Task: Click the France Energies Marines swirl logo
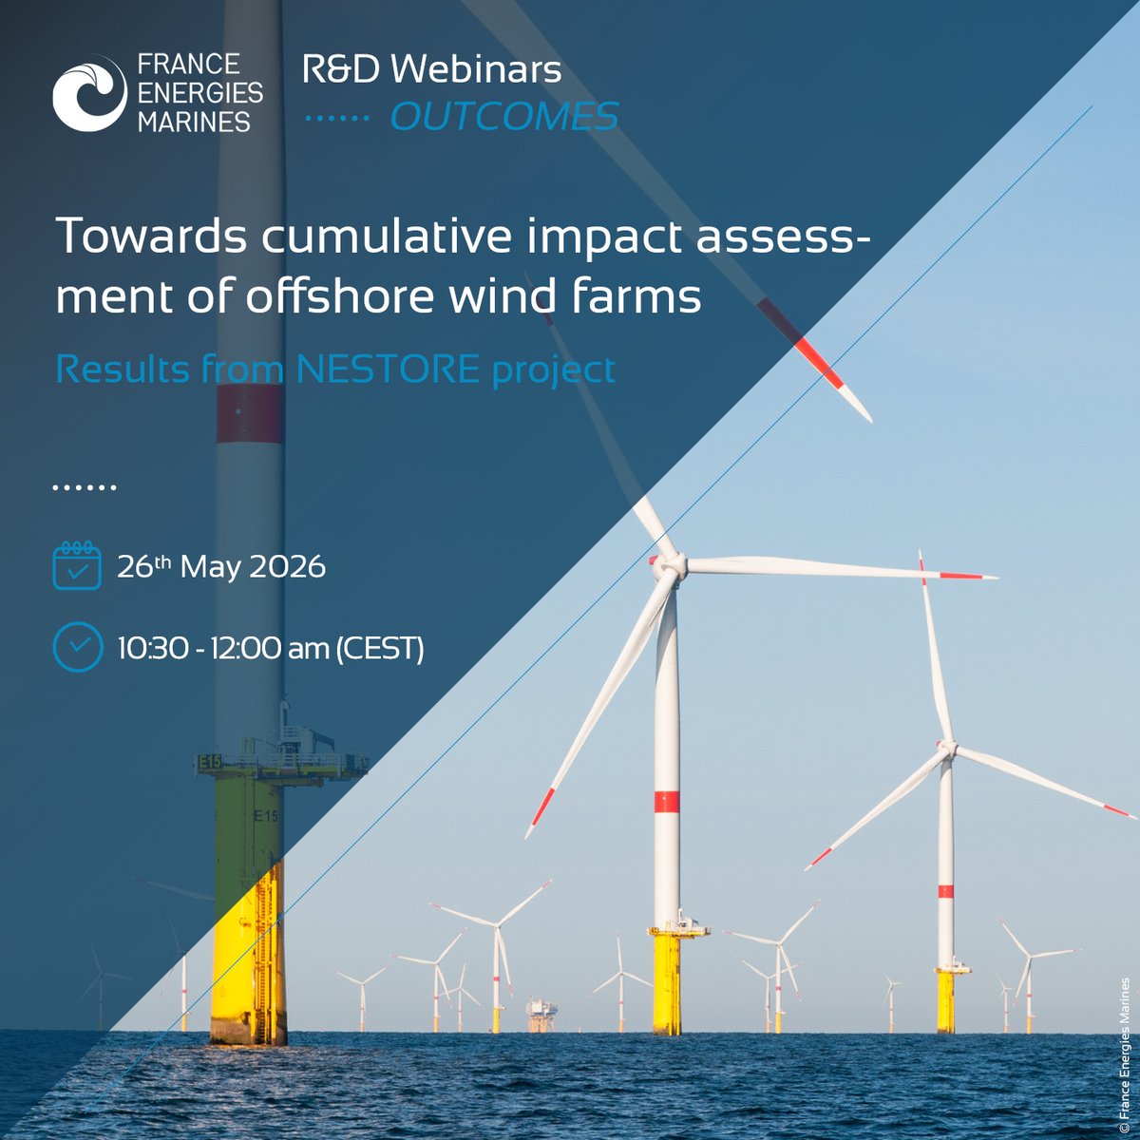point(89,92)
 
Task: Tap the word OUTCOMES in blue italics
point(504,117)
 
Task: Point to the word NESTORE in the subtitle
point(388,369)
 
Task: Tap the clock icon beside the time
point(77,647)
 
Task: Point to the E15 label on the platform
point(210,761)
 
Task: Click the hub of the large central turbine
point(670,566)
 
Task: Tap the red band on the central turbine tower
point(667,801)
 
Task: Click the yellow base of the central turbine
point(667,983)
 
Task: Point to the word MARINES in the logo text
point(194,121)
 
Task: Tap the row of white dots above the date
point(84,487)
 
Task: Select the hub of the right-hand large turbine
point(946,749)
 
